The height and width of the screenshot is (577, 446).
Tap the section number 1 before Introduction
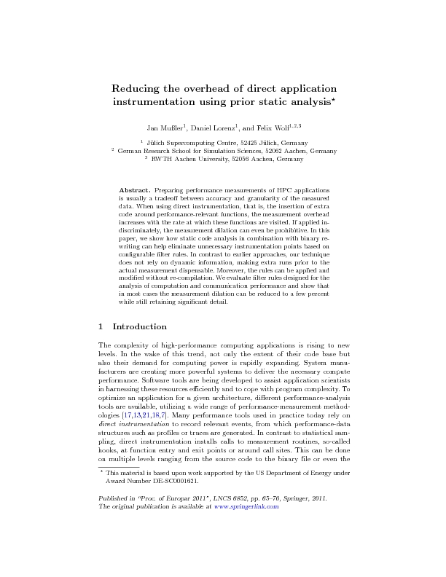101,326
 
